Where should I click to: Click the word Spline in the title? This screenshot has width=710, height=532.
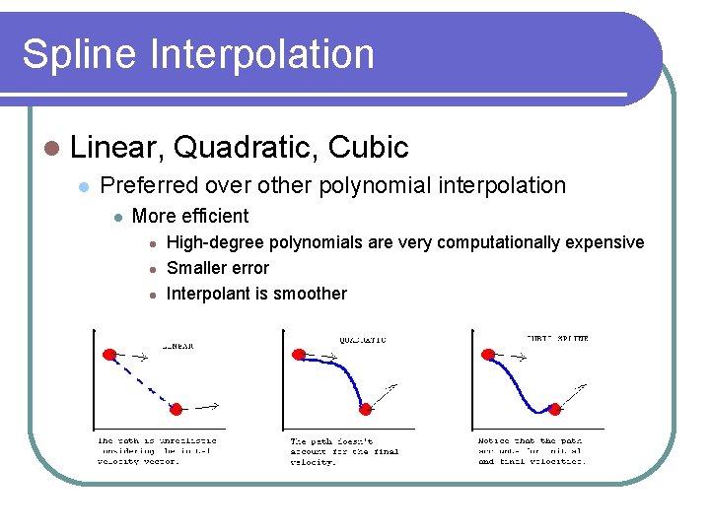(x=80, y=54)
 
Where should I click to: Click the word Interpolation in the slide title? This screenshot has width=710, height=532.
(x=263, y=54)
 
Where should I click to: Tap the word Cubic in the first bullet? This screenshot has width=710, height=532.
(x=368, y=148)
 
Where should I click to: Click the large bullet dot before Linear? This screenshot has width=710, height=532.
(x=51, y=149)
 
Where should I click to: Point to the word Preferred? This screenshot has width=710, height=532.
(x=146, y=185)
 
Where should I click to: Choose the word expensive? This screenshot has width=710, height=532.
(x=604, y=242)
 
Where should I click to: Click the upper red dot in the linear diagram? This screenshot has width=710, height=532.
(x=109, y=354)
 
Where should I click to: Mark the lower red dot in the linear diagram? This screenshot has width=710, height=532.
(x=177, y=409)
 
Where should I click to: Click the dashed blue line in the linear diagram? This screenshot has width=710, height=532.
(x=143, y=381)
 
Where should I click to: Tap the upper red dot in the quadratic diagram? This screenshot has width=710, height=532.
(x=298, y=354)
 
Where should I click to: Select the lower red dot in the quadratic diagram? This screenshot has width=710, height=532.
(x=366, y=408)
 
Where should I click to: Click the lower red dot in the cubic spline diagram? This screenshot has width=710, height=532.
(x=554, y=408)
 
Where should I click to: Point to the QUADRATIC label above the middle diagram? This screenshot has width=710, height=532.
(x=363, y=340)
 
